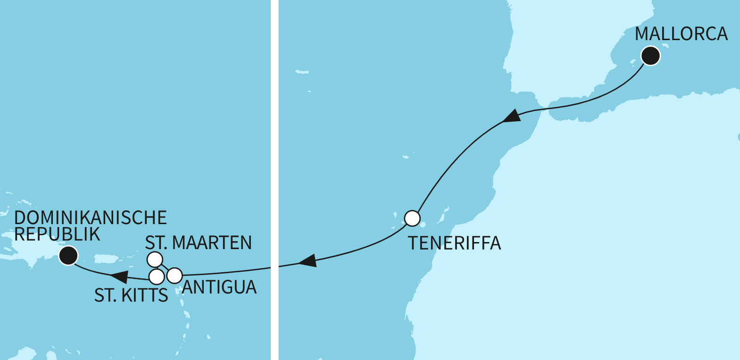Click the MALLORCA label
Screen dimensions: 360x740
click(681, 34)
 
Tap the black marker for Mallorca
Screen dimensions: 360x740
click(651, 56)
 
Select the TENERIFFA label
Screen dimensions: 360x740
click(454, 243)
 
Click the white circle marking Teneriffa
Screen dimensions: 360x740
click(412, 218)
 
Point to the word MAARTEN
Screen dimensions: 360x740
click(212, 243)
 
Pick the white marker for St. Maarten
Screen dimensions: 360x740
click(155, 259)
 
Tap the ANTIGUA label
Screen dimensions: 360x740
click(219, 287)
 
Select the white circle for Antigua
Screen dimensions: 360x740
click(175, 275)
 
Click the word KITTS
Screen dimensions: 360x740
click(144, 295)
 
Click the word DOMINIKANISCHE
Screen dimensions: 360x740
click(91, 218)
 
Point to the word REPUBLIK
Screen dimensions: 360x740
click(57, 234)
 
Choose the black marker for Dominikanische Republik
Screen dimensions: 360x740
click(68, 256)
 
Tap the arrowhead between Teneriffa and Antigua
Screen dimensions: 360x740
click(307, 261)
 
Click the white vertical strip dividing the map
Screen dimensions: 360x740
click(274, 180)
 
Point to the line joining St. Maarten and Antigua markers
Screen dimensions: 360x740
click(165, 267)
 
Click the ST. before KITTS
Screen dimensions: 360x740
click(105, 295)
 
